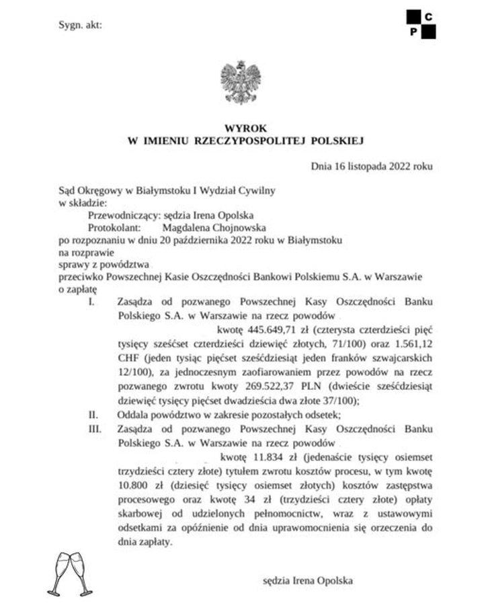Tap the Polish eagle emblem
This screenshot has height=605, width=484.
241,82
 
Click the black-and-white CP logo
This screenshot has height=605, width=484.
421,24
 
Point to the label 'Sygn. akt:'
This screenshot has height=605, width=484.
80,26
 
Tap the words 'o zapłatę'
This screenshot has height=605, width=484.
79,288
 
